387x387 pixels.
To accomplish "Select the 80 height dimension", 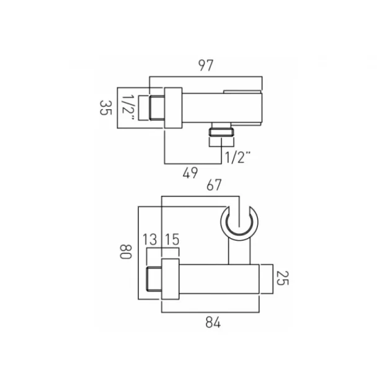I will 126,252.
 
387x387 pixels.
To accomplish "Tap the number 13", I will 149,240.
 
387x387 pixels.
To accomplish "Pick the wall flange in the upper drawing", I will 173,109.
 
